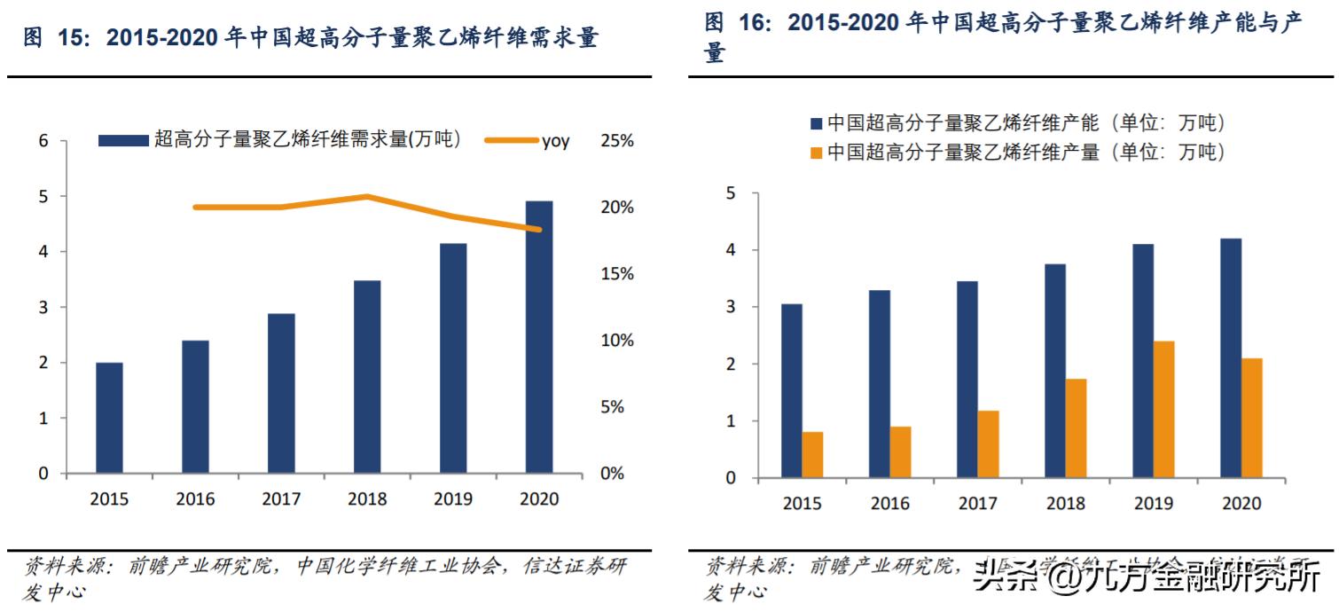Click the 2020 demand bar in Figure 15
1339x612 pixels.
538,337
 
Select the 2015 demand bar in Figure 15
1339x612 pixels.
109,418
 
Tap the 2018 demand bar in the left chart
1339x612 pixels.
367,377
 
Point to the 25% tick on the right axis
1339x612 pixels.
617,141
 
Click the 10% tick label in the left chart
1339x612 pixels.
617,341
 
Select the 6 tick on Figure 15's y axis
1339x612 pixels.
43,141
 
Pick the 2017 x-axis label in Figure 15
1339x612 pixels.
281,499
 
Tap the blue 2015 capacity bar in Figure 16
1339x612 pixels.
792,391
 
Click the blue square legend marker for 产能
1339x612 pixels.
817,123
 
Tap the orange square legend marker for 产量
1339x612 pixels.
817,153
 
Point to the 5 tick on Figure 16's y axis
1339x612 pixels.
731,193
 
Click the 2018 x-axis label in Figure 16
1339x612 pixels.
1066,504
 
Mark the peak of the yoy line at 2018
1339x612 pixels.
367,196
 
